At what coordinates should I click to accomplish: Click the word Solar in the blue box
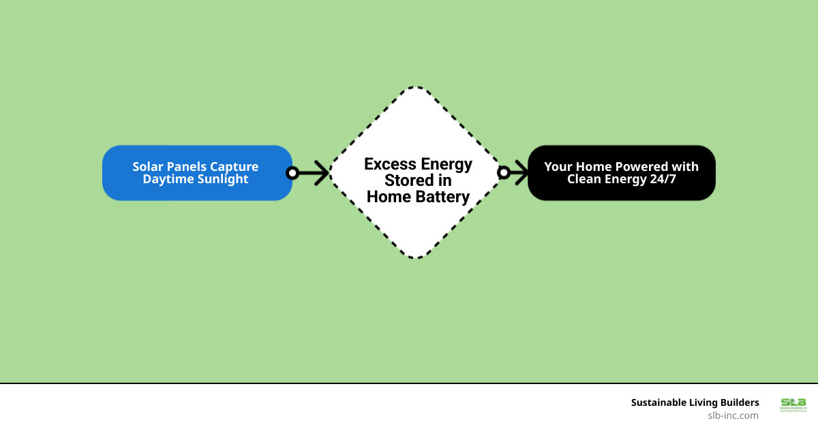(x=148, y=167)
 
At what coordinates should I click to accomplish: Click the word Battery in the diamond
(x=440, y=197)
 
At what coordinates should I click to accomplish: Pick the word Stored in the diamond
(x=409, y=181)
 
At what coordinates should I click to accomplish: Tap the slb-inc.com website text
(x=733, y=415)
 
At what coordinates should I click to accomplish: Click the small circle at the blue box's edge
(x=292, y=173)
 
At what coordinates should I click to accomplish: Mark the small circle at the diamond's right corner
(x=503, y=173)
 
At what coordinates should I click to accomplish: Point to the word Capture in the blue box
(x=236, y=167)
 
